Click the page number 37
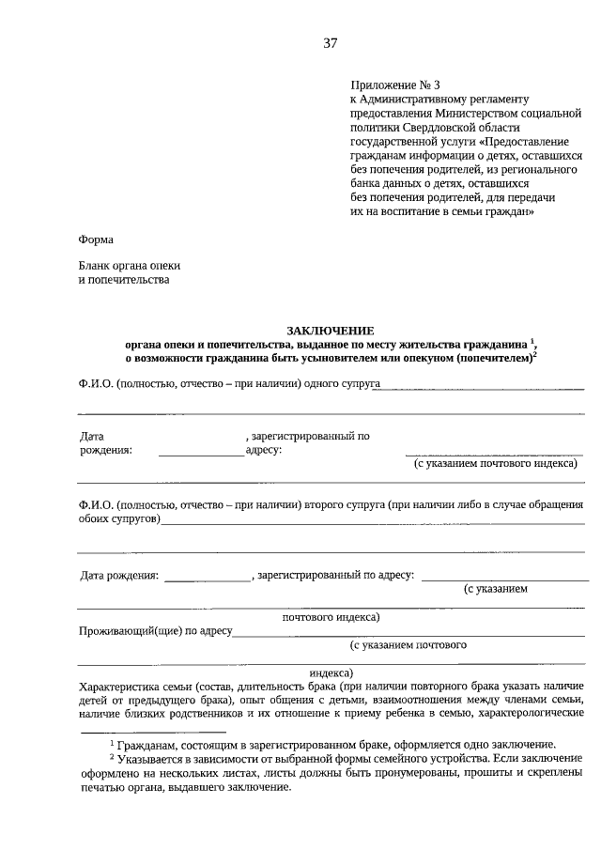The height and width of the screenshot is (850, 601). click(330, 43)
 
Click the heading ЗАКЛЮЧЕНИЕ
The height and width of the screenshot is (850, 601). click(330, 330)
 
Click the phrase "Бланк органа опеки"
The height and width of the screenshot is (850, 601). click(130, 266)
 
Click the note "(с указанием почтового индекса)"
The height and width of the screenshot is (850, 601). click(494, 464)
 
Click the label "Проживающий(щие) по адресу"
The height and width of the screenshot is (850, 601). click(155, 631)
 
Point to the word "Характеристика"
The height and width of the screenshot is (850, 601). click(122, 687)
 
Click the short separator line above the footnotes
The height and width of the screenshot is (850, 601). click(153, 730)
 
